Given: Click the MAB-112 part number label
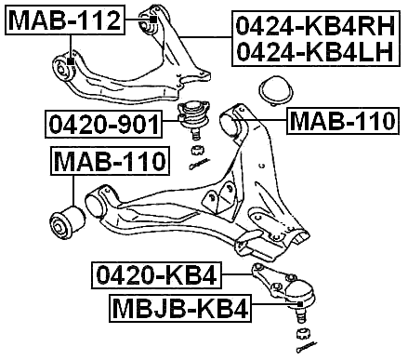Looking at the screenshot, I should (64, 19).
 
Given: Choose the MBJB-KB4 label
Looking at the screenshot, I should (180, 308).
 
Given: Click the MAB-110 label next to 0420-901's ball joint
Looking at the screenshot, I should (341, 120).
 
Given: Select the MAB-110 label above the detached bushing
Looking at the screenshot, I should (109, 164).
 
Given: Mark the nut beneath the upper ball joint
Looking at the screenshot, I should (196, 150).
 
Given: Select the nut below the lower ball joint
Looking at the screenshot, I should (302, 331).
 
